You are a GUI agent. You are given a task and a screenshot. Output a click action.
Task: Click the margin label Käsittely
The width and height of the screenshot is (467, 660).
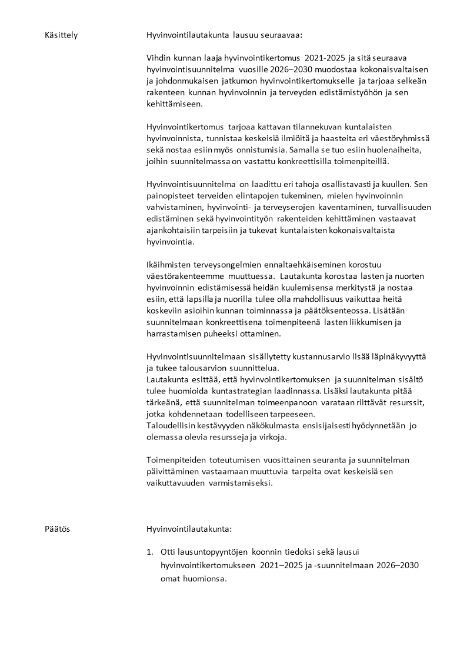tap(61, 35)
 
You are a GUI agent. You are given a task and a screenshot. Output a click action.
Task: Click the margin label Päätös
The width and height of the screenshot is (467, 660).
tap(57, 529)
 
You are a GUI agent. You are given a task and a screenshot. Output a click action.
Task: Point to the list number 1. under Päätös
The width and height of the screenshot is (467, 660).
tap(150, 552)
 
